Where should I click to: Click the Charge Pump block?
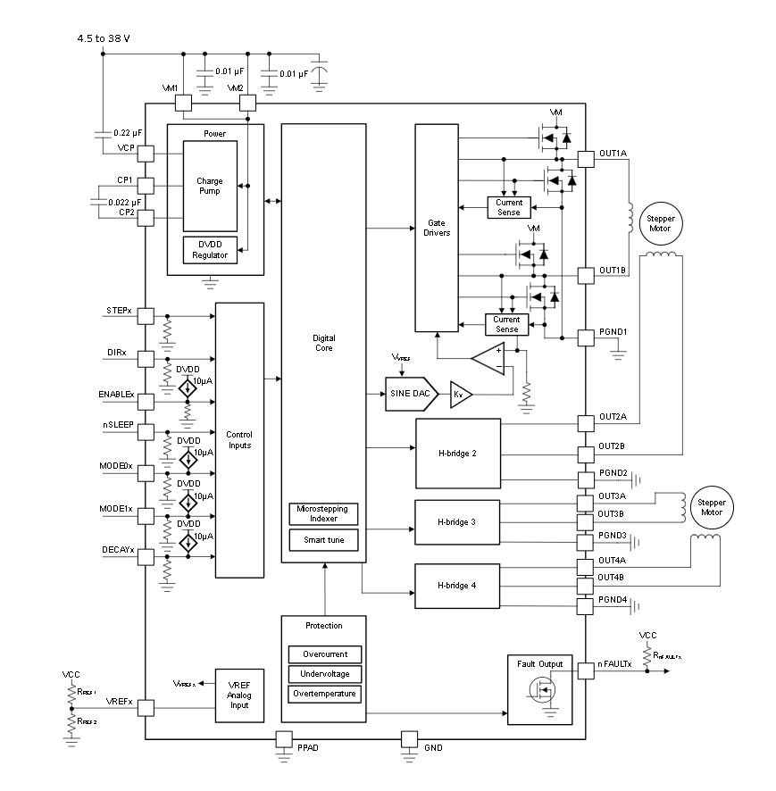click(210, 186)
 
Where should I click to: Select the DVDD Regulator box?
click(210, 250)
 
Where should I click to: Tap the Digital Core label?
click(323, 343)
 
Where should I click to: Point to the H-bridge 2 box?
click(457, 454)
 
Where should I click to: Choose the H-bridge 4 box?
click(457, 586)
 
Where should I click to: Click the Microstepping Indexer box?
click(323, 514)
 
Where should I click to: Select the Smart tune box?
click(323, 541)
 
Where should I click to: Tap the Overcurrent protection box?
click(324, 654)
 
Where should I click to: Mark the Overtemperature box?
click(324, 694)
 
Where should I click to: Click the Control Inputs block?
click(239, 439)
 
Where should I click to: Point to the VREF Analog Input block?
click(239, 695)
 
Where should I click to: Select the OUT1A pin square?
click(586, 159)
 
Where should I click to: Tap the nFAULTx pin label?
click(615, 664)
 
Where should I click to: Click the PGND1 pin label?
click(613, 332)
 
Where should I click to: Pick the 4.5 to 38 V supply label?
click(111, 38)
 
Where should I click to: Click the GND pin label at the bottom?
click(432, 746)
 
